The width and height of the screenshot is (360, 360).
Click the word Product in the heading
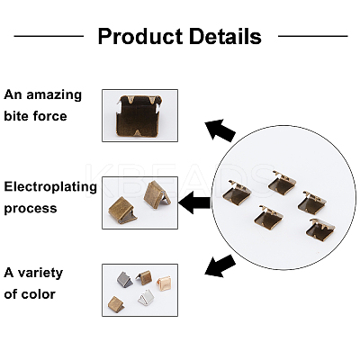pyautogui.click(x=140, y=37)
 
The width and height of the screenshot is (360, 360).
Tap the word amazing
pyautogui.click(x=54, y=95)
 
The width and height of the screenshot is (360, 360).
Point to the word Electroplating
pyautogui.click(x=50, y=187)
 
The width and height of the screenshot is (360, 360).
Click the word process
pyautogui.click(x=31, y=209)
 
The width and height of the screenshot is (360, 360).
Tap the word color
pyautogui.click(x=40, y=294)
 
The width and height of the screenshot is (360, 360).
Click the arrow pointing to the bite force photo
pyautogui.click(x=220, y=130)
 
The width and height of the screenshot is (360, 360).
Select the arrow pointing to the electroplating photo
pyautogui.click(x=194, y=202)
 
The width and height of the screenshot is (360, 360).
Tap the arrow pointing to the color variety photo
pyautogui.click(x=220, y=265)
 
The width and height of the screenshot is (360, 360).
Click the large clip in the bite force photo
pyautogui.click(x=139, y=115)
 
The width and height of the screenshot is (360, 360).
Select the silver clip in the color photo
pyautogui.click(x=147, y=297)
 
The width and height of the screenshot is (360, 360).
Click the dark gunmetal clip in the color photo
pyautogui.click(x=124, y=279)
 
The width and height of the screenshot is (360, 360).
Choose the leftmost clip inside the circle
pyautogui.click(x=237, y=193)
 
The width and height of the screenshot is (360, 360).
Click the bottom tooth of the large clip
pyautogui.click(x=138, y=132)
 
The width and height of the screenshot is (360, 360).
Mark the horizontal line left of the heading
pyautogui.click(x=49, y=36)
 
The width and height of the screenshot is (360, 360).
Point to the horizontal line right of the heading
pyautogui.click(x=313, y=36)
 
